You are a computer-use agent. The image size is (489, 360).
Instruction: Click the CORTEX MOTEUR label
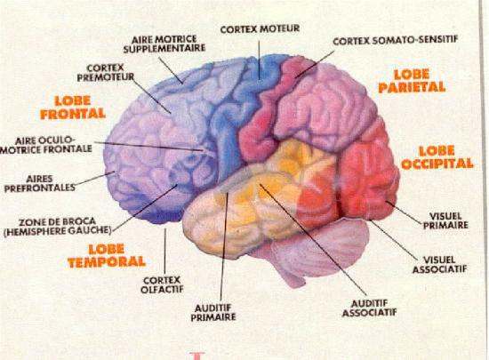point(260,29)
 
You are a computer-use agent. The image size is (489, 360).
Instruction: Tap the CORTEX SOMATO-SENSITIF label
point(396,40)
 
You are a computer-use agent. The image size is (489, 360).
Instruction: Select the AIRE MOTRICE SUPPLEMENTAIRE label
point(164,44)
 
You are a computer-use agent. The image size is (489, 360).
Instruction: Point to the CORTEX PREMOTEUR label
point(106,72)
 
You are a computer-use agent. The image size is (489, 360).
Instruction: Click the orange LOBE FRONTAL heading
point(73,108)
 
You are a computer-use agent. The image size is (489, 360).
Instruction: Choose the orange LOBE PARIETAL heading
point(412,81)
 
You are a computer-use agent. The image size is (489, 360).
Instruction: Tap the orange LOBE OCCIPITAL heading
point(437,157)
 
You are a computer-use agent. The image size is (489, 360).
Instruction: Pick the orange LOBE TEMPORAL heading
point(107,256)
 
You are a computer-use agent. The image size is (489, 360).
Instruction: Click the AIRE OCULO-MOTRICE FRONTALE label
point(46,145)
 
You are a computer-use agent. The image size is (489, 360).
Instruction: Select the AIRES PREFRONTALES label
point(40,183)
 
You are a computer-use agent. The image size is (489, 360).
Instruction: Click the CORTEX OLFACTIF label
point(162,284)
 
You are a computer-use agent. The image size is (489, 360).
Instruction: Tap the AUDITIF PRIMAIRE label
point(213,313)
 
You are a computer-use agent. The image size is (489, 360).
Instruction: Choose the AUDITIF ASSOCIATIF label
point(370,308)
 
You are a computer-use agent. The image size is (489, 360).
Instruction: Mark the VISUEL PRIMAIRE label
point(445,220)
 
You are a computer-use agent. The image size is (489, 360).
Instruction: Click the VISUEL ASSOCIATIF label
point(440,265)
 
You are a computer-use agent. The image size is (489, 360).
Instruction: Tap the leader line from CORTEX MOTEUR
point(259,60)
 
